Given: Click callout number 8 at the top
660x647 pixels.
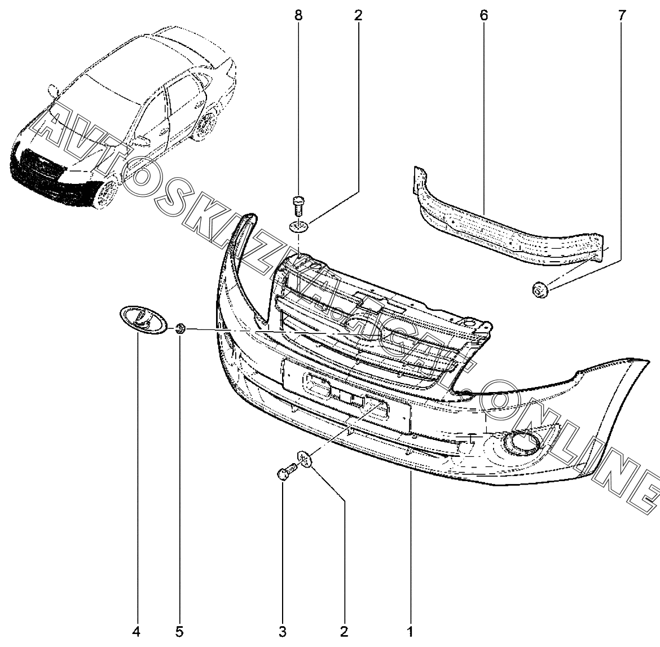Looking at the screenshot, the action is point(298,16).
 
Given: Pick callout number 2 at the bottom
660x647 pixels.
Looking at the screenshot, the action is point(344,631).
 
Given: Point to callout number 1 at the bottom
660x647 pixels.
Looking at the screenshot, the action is point(410,631).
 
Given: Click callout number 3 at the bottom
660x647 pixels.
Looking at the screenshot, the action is point(283,631).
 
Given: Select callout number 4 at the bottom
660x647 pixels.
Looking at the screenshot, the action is point(136,631).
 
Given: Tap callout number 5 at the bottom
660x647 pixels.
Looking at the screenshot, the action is point(179,631).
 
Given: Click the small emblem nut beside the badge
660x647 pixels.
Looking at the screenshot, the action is point(181,328).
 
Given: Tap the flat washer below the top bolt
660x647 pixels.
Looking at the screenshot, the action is point(299,227).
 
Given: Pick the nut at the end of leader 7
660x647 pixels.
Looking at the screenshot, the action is point(539,289).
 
